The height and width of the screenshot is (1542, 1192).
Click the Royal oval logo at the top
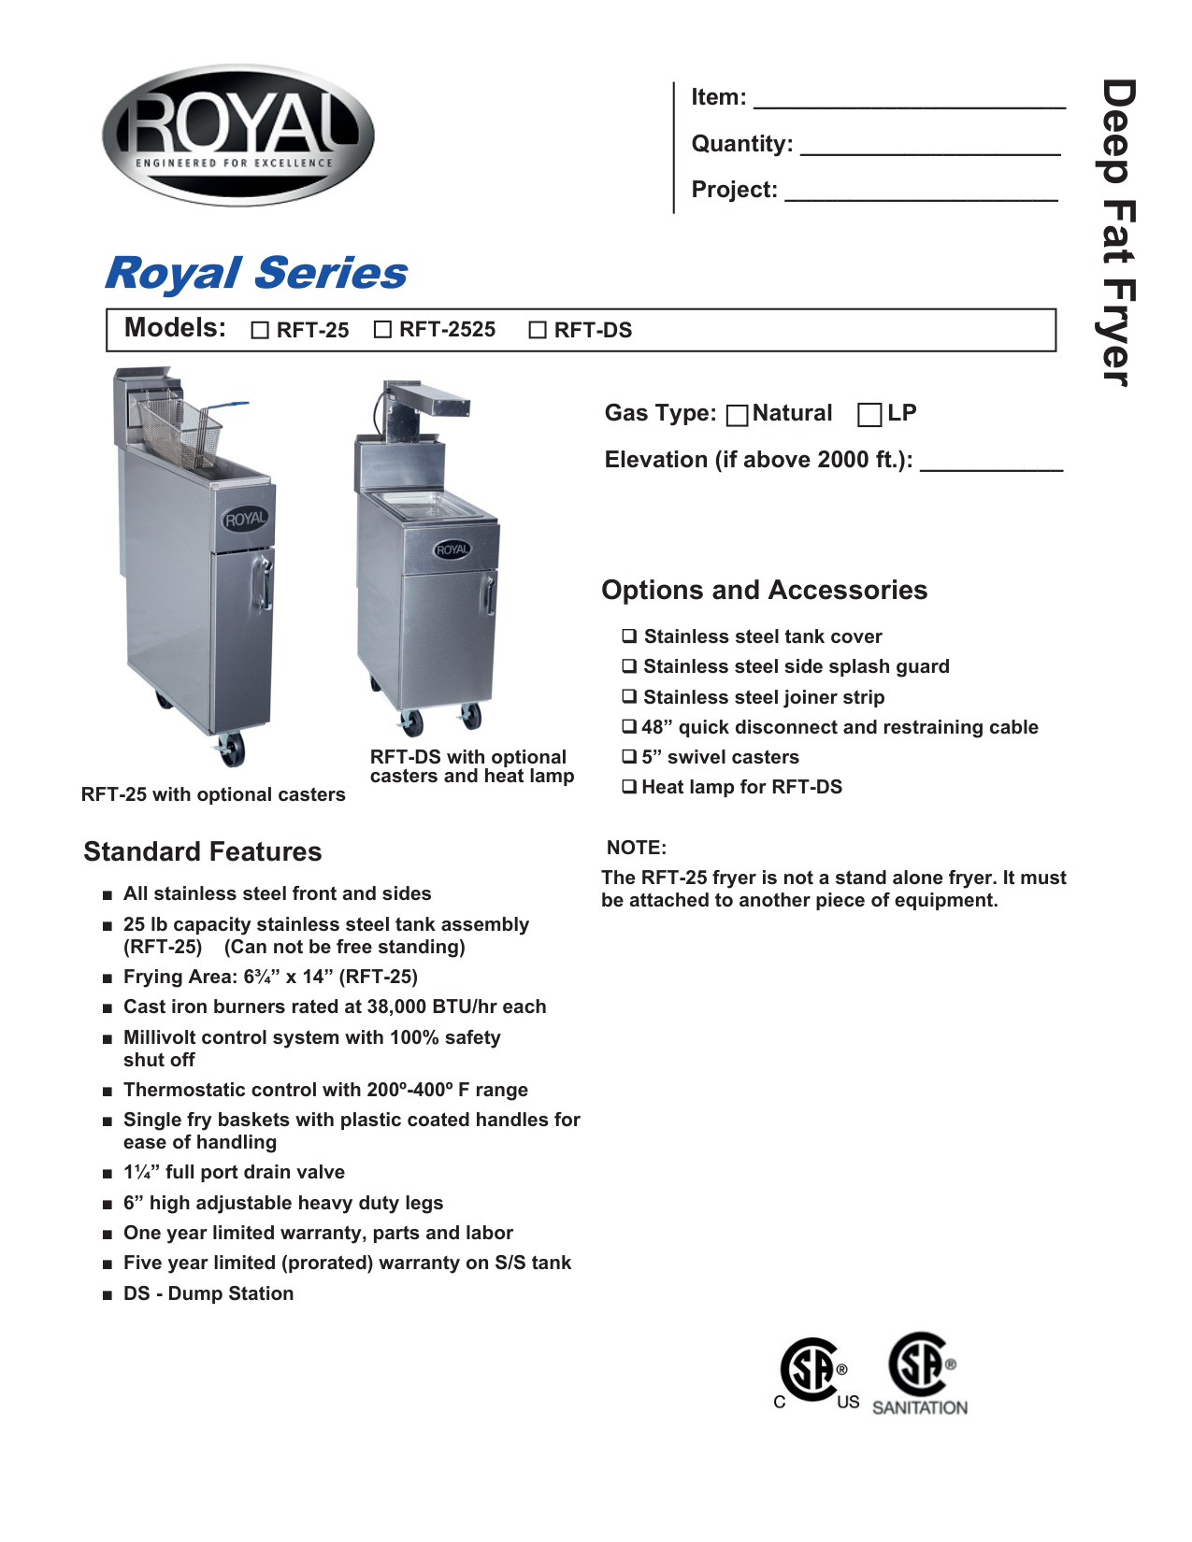click(x=237, y=136)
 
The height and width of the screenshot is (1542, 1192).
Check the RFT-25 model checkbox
click(x=260, y=331)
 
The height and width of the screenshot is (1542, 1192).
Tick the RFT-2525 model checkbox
click(x=382, y=330)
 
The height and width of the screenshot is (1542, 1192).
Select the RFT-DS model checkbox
click(x=538, y=331)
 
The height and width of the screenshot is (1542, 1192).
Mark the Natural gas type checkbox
click(x=738, y=415)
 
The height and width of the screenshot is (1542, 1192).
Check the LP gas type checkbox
click(x=869, y=415)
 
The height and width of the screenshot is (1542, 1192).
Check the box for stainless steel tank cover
click(x=630, y=636)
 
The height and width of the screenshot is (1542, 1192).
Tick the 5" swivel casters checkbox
click(x=630, y=757)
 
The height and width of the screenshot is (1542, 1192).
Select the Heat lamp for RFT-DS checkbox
click(x=630, y=787)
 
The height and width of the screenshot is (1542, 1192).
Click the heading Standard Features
click(x=203, y=851)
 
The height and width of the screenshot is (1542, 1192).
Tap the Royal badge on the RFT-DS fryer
click(x=452, y=550)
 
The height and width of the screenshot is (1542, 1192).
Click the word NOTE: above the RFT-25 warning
click(x=637, y=848)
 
